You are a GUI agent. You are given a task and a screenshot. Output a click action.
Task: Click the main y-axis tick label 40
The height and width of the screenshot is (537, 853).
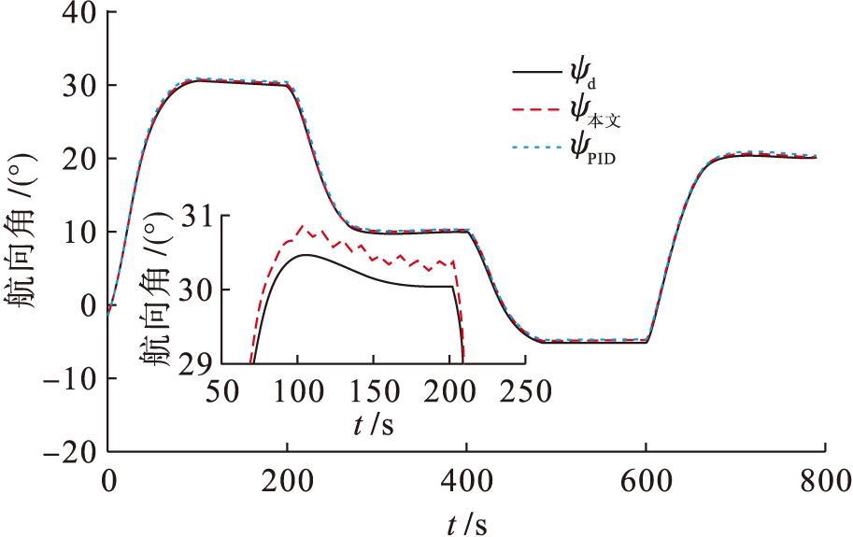76,12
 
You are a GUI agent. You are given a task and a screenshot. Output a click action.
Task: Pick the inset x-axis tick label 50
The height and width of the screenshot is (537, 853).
220,390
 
